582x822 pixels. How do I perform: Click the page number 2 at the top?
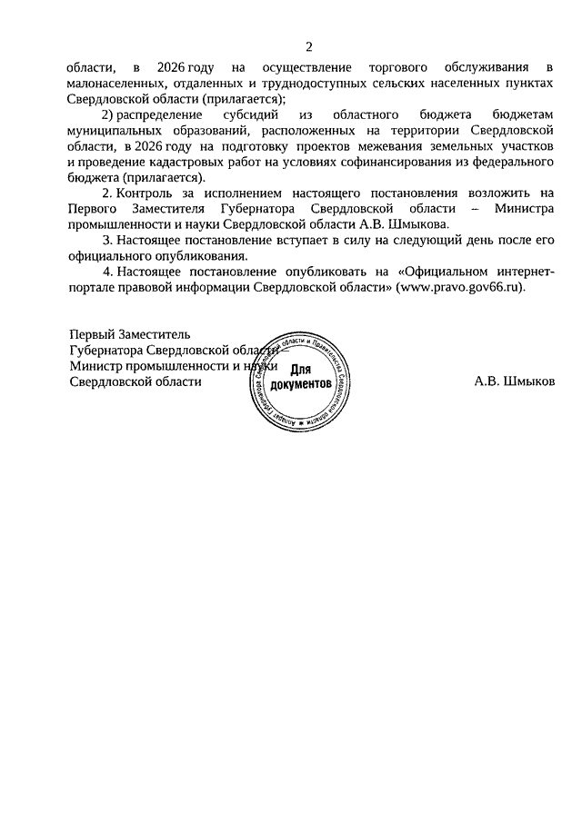coord(309,46)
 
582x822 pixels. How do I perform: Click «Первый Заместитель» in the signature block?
coord(130,334)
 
